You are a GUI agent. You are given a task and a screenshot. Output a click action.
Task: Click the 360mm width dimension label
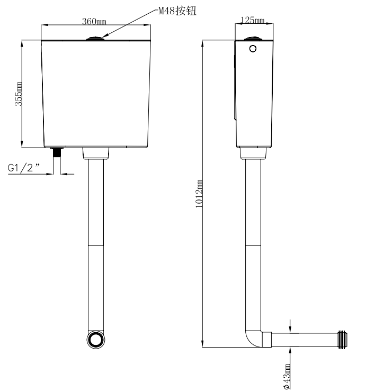pos(94,22)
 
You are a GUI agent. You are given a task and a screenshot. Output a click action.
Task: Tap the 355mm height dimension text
pos(19,94)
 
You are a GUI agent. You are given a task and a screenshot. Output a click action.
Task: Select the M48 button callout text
pos(177,11)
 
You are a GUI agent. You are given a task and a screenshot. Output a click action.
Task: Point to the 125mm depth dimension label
pos(252,20)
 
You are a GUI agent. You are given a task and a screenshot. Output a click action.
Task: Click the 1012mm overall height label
pos(199,194)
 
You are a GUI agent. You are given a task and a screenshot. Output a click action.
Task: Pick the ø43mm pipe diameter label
pos(287,377)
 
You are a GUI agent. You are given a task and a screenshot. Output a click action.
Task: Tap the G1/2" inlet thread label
pos(24,167)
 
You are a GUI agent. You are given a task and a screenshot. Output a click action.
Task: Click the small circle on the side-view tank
pos(253,49)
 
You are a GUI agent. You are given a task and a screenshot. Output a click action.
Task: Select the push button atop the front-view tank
pos(96,38)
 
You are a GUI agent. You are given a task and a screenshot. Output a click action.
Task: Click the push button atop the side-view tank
pos(253,39)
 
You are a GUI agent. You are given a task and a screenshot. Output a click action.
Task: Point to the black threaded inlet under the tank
pos(58,152)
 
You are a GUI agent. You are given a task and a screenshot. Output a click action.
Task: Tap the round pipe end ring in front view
pos(96,340)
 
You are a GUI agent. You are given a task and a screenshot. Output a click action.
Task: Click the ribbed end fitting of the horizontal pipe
pos(343,340)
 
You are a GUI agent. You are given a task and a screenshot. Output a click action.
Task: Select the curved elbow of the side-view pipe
pos(254,339)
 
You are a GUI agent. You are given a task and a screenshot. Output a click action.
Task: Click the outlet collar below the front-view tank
pos(96,153)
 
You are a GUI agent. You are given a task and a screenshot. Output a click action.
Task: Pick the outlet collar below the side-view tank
pos(253,153)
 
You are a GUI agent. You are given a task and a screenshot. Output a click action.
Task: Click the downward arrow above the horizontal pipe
pos(290,326)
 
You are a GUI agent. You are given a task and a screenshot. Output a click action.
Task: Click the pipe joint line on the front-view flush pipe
pos(96,245)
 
